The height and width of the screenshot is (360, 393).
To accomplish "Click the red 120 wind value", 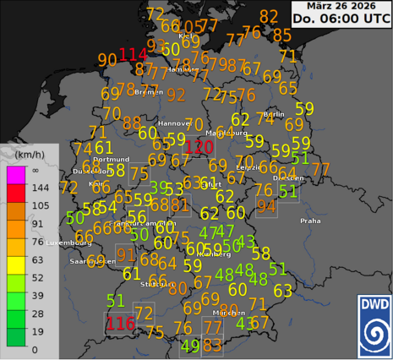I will click(x=199, y=147).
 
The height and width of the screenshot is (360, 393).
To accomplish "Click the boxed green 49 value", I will click(x=191, y=345).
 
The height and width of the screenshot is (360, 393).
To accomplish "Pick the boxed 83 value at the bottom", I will click(x=213, y=345).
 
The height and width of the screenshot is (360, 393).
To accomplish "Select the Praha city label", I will click(x=310, y=221).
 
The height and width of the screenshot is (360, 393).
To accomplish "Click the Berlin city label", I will click(x=273, y=114).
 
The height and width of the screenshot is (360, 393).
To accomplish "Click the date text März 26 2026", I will click(x=341, y=7).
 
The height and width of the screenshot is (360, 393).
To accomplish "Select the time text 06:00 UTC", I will click(x=341, y=22).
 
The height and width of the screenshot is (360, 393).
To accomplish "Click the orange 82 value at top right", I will click(x=269, y=17).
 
